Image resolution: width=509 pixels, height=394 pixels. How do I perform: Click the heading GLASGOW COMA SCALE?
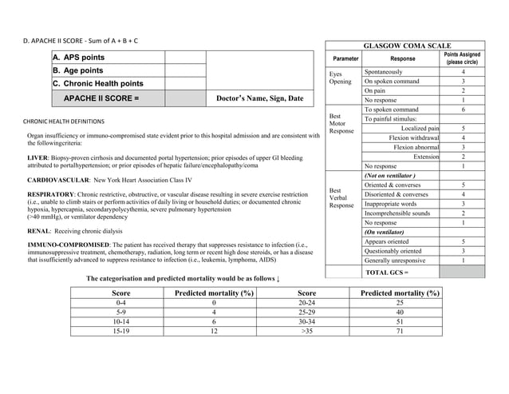407,46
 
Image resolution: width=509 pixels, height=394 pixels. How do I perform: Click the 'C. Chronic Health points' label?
98,84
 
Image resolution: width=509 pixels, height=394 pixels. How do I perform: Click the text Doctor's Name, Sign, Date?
260,98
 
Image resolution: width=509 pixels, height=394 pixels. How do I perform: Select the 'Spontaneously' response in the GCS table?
384,72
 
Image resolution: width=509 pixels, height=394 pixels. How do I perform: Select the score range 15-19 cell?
121,330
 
